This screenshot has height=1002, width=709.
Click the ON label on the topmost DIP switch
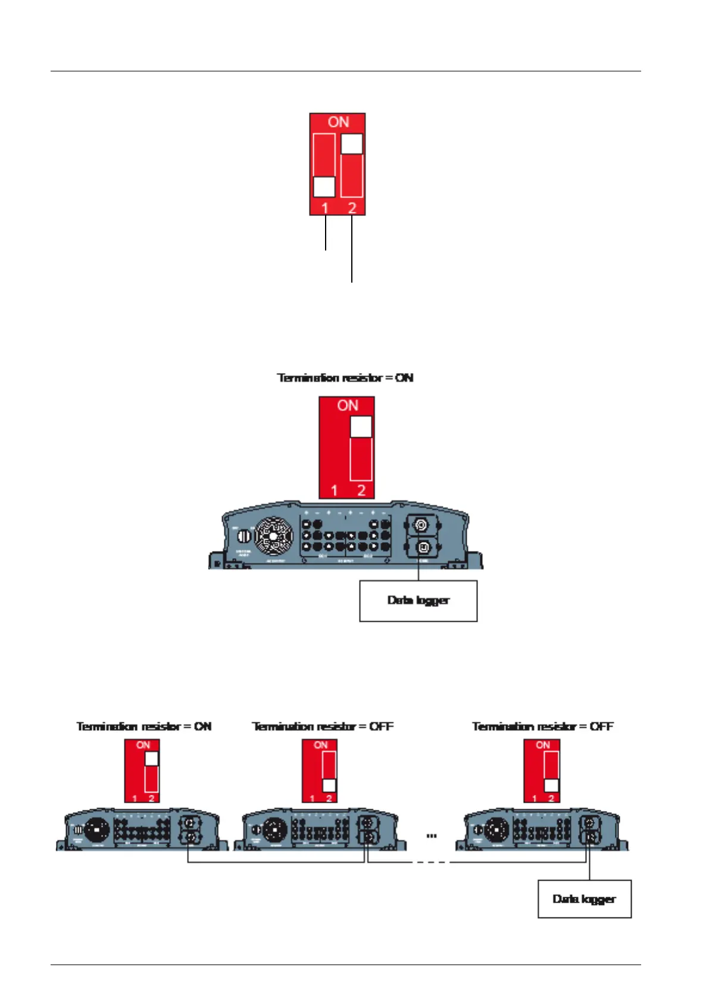(338, 122)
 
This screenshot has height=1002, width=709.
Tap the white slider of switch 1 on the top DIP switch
(324, 186)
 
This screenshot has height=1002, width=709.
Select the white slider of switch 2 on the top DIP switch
(352, 144)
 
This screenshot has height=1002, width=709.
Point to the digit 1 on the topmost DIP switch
(325, 208)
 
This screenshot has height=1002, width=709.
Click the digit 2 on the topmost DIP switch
(352, 208)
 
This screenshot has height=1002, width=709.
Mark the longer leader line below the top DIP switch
(352, 250)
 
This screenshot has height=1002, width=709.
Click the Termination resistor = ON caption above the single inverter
(345, 378)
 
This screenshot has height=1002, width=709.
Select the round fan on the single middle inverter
(274, 536)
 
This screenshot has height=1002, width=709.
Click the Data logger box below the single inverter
(418, 601)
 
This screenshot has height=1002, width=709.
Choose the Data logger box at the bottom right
(584, 899)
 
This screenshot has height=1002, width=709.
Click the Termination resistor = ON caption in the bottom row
(144, 727)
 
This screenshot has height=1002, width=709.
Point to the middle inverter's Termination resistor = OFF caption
(323, 727)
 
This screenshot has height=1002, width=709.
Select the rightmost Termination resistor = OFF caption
(542, 727)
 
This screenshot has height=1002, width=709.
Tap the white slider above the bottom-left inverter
(152, 759)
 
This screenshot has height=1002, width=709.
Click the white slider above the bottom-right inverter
(551, 785)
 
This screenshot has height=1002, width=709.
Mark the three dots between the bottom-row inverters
(432, 836)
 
